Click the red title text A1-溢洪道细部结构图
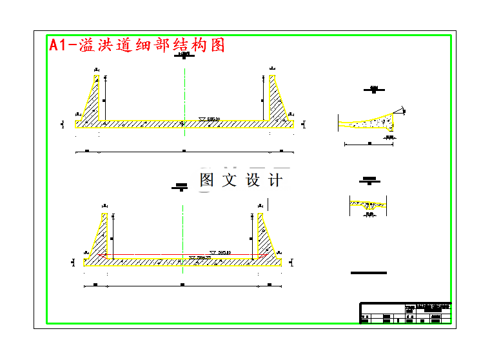pyautogui.click(x=137, y=45)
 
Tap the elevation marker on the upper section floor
pyautogui.click(x=210, y=119)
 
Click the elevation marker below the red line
pyautogui.click(x=200, y=258)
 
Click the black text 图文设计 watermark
pyautogui.click(x=240, y=180)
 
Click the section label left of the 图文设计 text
pyautogui.click(x=181, y=188)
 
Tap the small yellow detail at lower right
pyautogui.click(x=368, y=205)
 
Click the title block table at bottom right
pyautogui.click(x=405, y=313)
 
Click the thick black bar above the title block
pyautogui.click(x=369, y=273)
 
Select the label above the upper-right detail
pyautogui.click(x=373, y=90)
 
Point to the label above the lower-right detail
pyautogui.click(x=369, y=180)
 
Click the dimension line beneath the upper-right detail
pyautogui.click(x=369, y=144)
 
